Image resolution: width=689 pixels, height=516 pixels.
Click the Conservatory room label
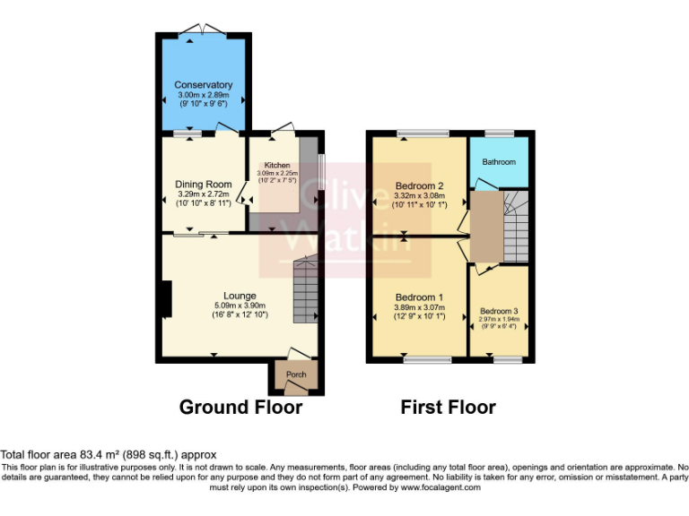pyautogui.click(x=203, y=85)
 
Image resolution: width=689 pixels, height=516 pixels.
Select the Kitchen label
pyautogui.click(x=277, y=165)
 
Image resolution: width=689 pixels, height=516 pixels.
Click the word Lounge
pyautogui.click(x=240, y=296)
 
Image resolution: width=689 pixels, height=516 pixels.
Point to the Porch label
pyautogui.click(x=296, y=374)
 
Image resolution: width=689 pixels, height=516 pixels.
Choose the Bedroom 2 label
pyautogui.click(x=420, y=186)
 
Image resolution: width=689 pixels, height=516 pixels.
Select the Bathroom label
pyautogui.click(x=499, y=162)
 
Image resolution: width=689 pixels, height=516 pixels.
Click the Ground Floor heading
pyautogui.click(x=240, y=408)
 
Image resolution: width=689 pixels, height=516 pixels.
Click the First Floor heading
pyautogui.click(x=448, y=408)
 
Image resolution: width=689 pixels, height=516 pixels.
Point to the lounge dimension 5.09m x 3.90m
pyautogui.click(x=240, y=305)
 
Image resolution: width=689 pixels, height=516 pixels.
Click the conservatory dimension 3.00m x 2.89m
pyautogui.click(x=203, y=95)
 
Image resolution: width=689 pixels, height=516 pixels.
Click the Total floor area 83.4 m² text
pyautogui.click(x=109, y=455)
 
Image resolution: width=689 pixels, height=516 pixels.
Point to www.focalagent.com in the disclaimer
pyautogui.click(x=440, y=488)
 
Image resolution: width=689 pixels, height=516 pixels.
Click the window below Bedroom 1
pyautogui.click(x=427, y=360)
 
